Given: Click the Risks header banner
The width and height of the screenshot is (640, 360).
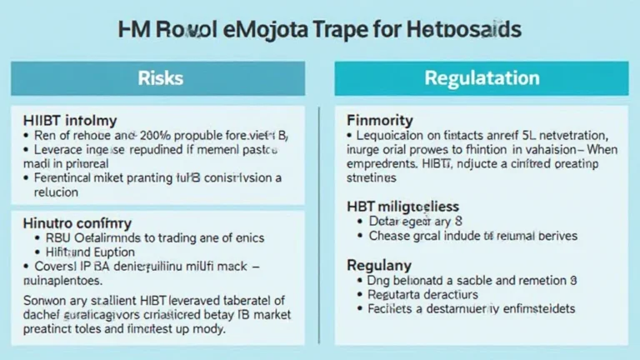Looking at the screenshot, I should pos(162,79).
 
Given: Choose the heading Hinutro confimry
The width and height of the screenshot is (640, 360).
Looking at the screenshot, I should pos(77,222).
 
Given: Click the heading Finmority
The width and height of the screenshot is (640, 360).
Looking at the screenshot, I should pos(379,120).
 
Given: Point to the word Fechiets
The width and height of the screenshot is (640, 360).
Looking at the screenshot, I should pos(391,308).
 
